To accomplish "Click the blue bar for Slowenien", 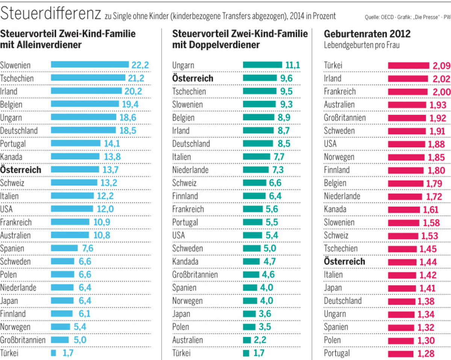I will (90, 65).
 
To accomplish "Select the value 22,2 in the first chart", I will (140, 65).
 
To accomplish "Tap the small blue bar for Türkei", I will (53, 353).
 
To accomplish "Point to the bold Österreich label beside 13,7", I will (21, 170).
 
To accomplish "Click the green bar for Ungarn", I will (262, 65).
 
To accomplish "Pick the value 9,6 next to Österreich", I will (286, 78).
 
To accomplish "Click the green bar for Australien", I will (247, 340).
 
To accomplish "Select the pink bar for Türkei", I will (409, 65).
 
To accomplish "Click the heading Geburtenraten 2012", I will (367, 34).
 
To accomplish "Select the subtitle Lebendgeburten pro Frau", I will (362, 46).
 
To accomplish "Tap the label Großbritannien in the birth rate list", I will (345, 118).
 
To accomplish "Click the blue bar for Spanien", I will (64, 248).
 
